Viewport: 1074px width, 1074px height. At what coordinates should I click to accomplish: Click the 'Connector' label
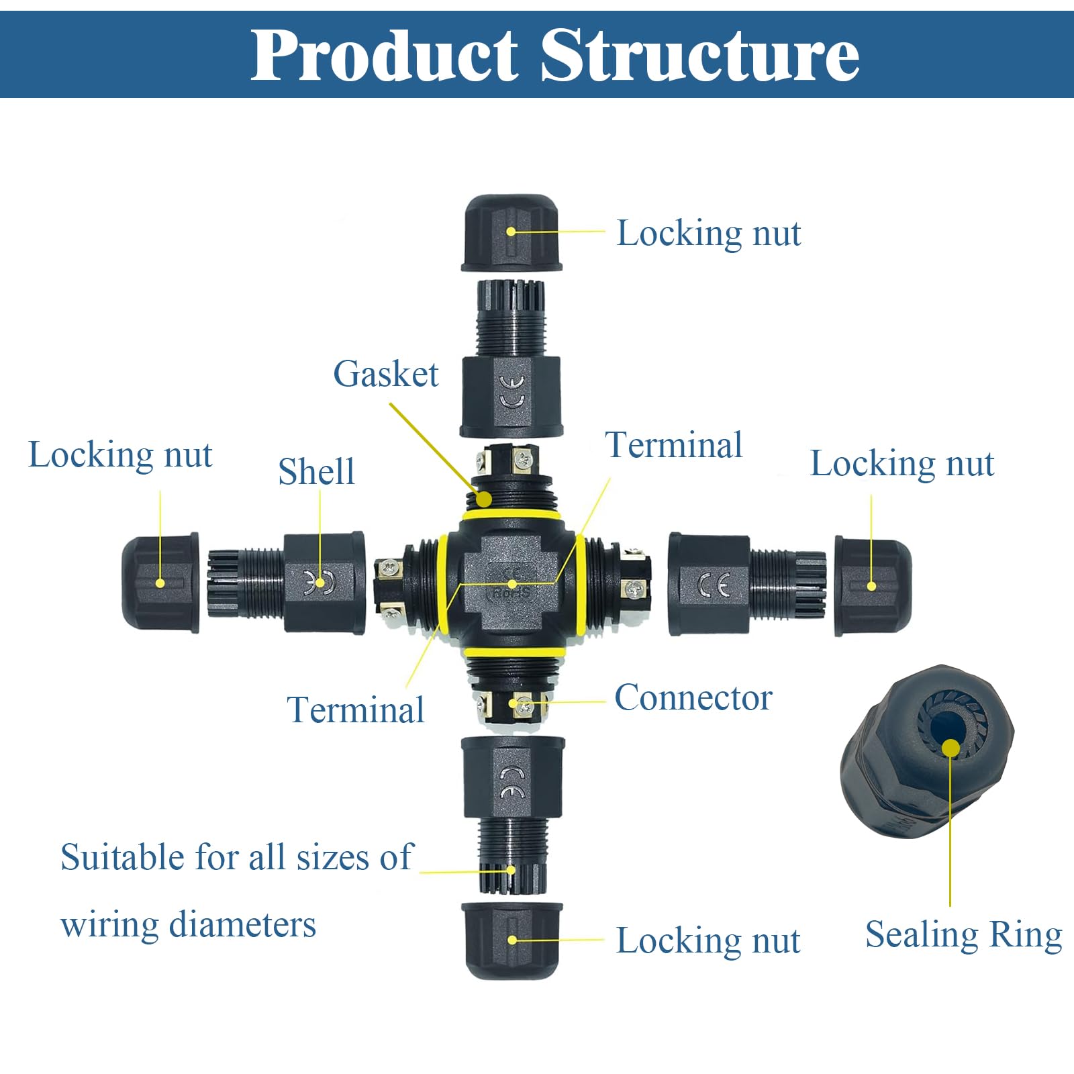[693, 697]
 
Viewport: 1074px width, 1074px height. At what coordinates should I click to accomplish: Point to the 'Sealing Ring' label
[964, 935]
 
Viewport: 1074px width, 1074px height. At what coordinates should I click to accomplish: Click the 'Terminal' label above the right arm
[674, 444]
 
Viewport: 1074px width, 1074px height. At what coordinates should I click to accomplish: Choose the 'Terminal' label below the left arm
[356, 710]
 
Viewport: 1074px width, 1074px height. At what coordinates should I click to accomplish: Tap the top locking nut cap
[511, 233]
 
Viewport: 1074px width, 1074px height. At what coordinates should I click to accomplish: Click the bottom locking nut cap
[512, 940]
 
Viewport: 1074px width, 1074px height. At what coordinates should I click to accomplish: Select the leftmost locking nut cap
[161, 583]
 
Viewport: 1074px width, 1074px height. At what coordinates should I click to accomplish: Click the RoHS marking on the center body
[512, 593]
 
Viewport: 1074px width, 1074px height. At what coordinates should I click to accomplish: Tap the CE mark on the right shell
[713, 585]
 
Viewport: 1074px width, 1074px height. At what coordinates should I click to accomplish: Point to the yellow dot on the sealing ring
[950, 748]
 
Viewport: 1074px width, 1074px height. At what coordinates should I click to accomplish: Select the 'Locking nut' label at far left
[120, 456]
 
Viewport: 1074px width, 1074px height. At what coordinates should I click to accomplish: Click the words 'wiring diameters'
[188, 924]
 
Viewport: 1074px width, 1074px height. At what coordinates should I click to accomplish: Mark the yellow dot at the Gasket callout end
[483, 499]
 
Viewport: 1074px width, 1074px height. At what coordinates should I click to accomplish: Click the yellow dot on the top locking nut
[511, 232]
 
